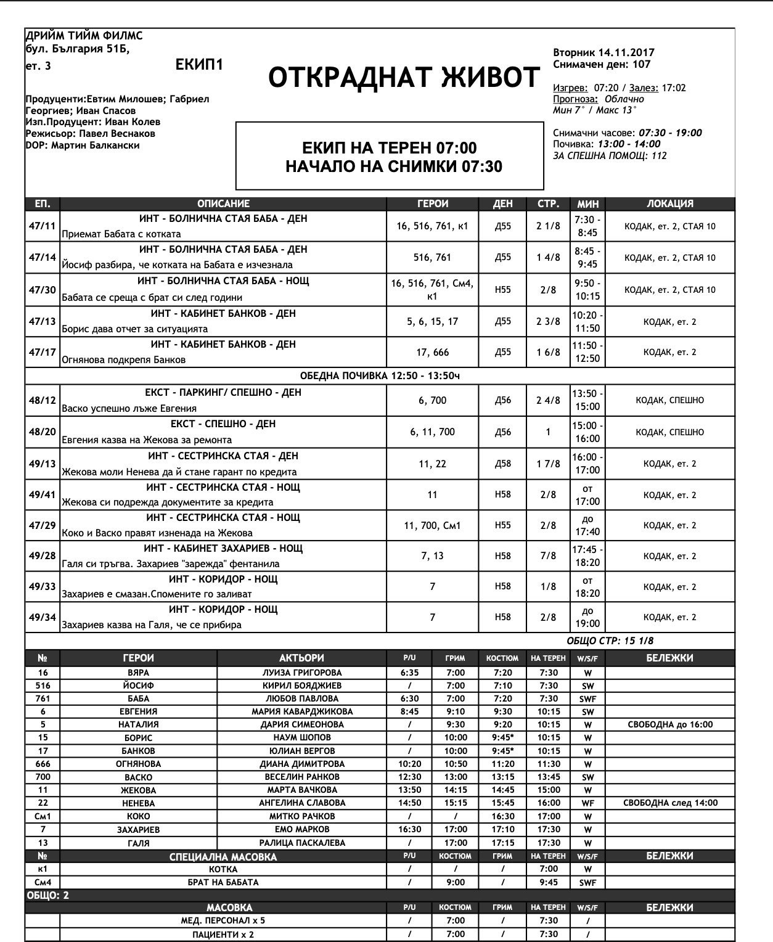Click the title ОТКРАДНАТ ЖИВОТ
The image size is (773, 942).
click(404, 78)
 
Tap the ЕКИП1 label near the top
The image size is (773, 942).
click(198, 65)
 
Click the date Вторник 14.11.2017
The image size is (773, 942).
click(603, 53)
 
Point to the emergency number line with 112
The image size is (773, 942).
click(610, 156)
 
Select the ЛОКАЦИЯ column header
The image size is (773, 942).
click(669, 203)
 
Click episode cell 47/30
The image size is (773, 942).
click(43, 290)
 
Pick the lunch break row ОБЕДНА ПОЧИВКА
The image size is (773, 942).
click(379, 376)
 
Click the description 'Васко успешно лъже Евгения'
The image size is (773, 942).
click(129, 408)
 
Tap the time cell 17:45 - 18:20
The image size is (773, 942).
click(587, 555)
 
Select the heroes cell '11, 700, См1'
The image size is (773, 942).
click(432, 526)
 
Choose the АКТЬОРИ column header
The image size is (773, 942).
click(301, 658)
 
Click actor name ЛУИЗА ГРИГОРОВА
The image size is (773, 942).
click(301, 673)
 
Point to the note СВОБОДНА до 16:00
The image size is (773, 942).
click(669, 724)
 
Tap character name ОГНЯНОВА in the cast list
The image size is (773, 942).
click(138, 764)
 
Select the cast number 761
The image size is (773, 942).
click(43, 698)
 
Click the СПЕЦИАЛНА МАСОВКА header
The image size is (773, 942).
click(223, 857)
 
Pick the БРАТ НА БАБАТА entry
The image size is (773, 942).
click(223, 882)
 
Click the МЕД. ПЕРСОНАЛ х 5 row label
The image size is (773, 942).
click(223, 920)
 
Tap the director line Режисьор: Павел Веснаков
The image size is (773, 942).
click(90, 134)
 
